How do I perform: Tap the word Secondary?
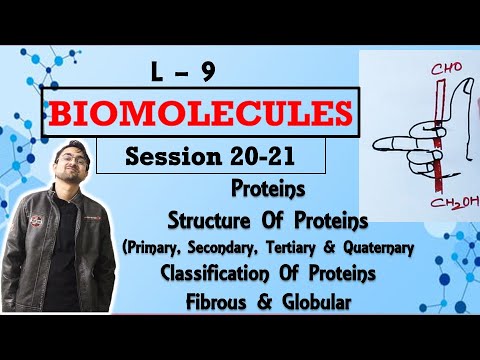pos(256,240)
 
